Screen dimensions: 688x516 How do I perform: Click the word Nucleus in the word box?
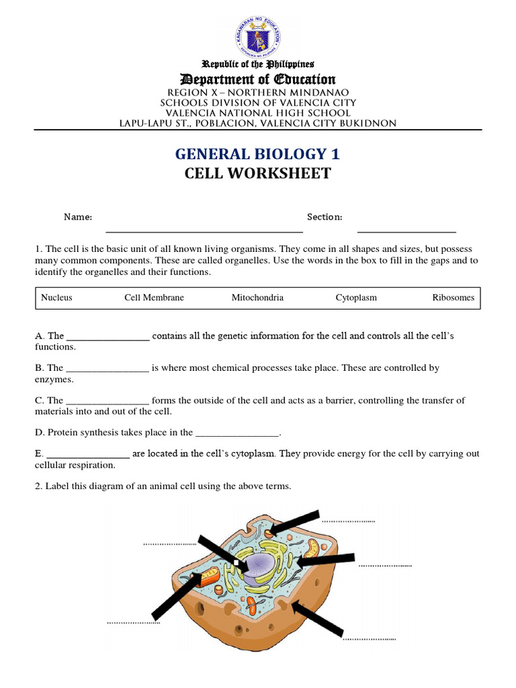pyautogui.click(x=56, y=298)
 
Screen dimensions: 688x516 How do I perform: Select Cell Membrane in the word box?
pyautogui.click(x=154, y=298)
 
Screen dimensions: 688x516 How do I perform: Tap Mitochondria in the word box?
pyautogui.click(x=257, y=298)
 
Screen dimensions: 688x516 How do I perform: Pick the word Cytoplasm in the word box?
pyautogui.click(x=356, y=298)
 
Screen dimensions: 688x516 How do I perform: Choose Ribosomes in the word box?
pyautogui.click(x=453, y=298)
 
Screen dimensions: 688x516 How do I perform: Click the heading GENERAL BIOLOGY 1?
pyautogui.click(x=258, y=155)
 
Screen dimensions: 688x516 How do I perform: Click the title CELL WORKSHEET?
pyautogui.click(x=258, y=173)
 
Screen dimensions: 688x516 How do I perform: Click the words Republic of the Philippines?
pyautogui.click(x=258, y=64)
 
